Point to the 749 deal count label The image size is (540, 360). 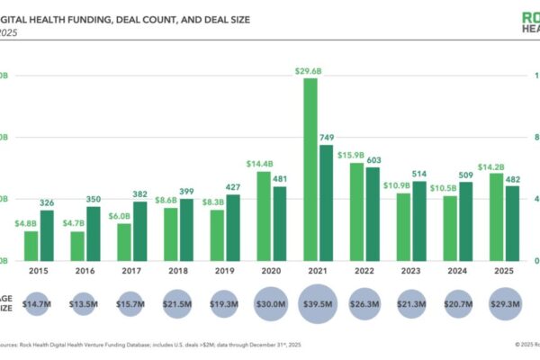[x=327, y=137]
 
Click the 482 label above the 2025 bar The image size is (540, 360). [x=512, y=178]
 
